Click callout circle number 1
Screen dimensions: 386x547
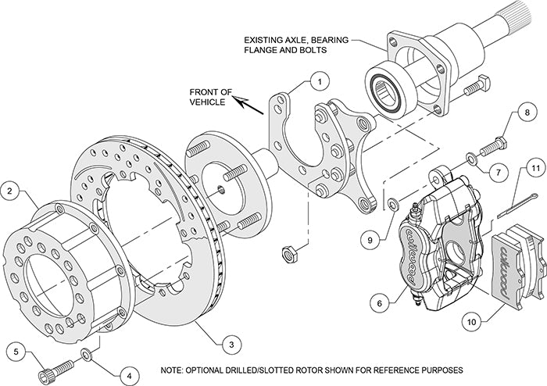[319, 80]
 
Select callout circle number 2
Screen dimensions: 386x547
[10, 190]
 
